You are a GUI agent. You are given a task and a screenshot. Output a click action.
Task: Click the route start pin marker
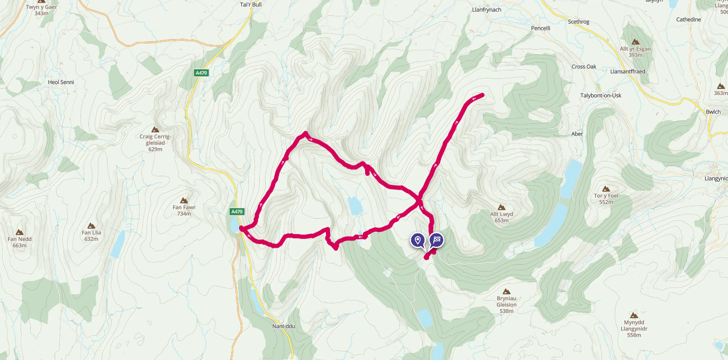[x=418, y=240]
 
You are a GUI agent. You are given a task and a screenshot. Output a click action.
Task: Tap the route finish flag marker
[x=436, y=240]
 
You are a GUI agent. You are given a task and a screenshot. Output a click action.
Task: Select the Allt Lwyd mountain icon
[x=502, y=207]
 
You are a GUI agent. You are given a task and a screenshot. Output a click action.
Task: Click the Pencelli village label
[x=542, y=28]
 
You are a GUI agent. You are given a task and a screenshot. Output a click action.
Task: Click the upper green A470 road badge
[x=201, y=74]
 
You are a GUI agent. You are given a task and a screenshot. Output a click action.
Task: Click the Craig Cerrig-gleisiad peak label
[x=155, y=140]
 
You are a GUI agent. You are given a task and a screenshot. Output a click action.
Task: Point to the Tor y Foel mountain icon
[x=606, y=188]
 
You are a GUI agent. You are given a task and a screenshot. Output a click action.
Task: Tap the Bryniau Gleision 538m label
[x=506, y=304]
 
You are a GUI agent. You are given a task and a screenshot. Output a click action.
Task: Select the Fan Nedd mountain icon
[x=20, y=232]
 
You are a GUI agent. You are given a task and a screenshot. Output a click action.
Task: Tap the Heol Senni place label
[x=61, y=83]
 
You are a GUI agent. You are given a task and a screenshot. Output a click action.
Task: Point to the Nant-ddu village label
[x=283, y=326]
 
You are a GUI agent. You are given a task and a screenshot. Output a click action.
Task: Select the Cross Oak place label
[x=584, y=67]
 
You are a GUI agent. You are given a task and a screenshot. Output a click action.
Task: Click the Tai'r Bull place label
[x=251, y=5]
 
